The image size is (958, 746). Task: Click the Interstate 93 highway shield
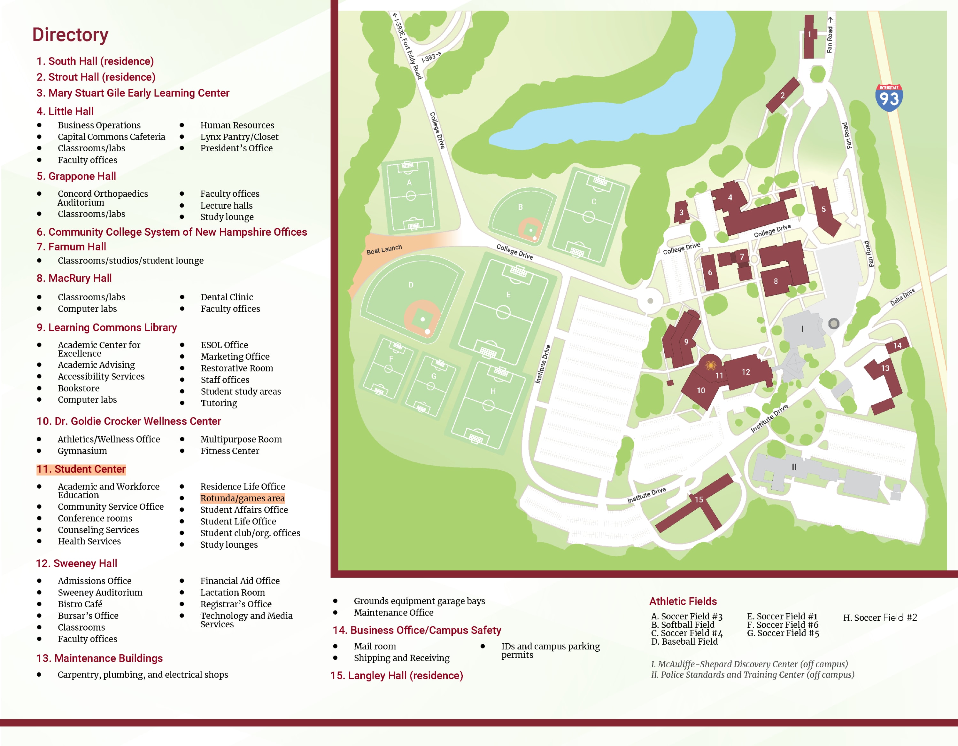click(x=889, y=98)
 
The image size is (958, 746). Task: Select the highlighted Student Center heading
click(x=81, y=469)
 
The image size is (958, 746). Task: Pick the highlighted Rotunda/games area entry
click(x=242, y=498)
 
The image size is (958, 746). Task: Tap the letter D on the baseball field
click(x=411, y=285)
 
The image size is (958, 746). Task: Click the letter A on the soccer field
click(x=409, y=183)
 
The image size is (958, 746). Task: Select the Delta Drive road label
click(x=902, y=297)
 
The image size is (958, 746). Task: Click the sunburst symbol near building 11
click(x=711, y=365)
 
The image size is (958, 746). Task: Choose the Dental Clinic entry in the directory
click(x=227, y=297)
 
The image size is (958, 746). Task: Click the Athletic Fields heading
click(x=683, y=601)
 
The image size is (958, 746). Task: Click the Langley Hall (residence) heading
click(x=397, y=675)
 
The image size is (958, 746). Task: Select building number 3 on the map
click(x=681, y=212)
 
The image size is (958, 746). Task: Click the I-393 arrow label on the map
click(x=431, y=57)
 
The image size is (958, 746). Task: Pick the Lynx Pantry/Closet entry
click(x=239, y=137)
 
